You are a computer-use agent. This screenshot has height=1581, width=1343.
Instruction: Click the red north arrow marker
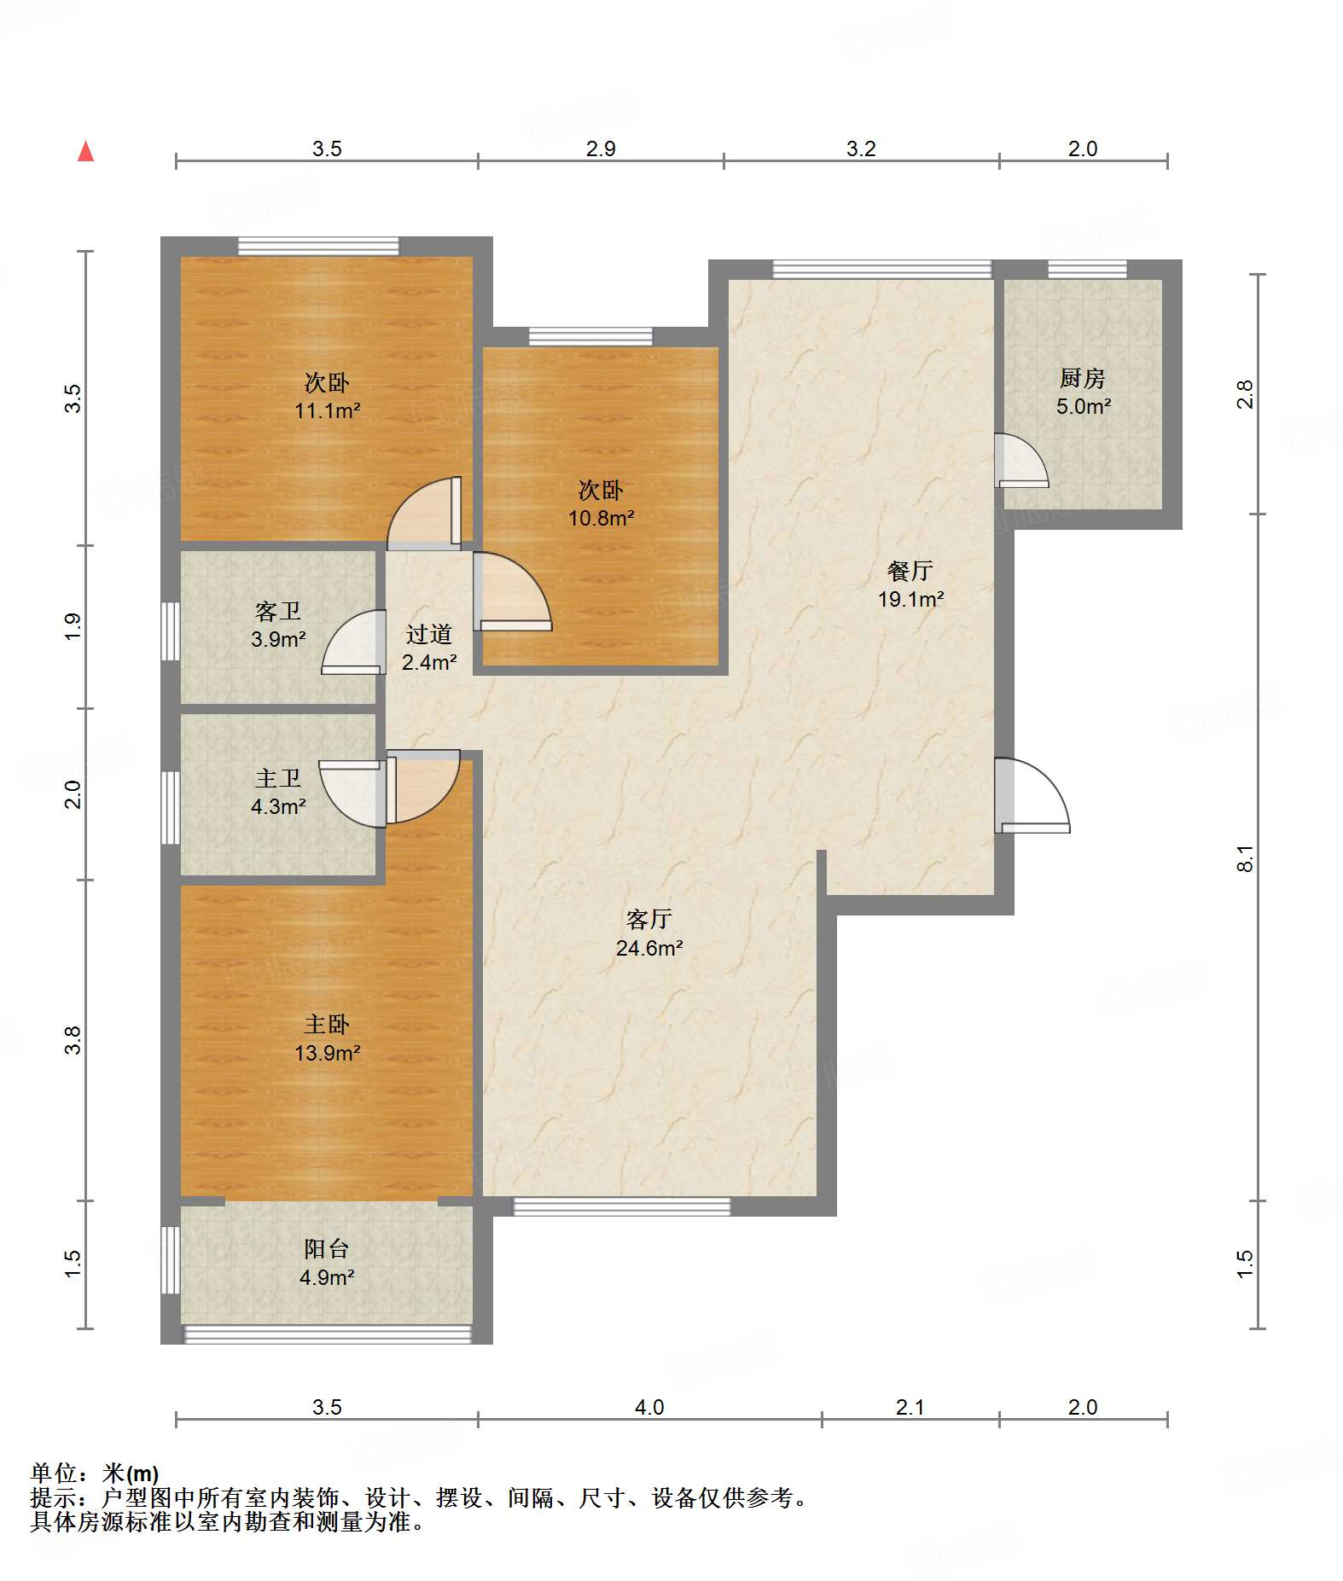[x=85, y=151]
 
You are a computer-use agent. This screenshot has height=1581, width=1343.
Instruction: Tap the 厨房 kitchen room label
[x=1083, y=377]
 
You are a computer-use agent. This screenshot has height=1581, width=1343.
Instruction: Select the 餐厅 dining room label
[x=910, y=570]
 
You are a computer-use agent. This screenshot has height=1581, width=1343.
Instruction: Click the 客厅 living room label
[x=649, y=919]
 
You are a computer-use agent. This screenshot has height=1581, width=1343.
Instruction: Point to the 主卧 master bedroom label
[x=327, y=1024]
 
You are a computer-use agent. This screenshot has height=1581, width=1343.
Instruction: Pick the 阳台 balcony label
[x=327, y=1249]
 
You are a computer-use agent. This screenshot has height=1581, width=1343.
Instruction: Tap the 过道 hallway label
[x=429, y=634]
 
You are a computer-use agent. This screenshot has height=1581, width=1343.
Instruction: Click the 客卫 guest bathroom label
[x=278, y=611]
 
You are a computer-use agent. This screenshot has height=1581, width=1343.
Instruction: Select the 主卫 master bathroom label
[x=278, y=778]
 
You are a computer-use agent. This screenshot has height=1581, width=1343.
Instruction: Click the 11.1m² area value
[x=328, y=410]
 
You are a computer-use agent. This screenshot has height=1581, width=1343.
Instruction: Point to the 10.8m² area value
[x=602, y=518]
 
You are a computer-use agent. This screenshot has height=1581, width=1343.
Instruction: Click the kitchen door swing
[x=1022, y=461]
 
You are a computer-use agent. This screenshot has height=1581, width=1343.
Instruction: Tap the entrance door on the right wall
[x=1032, y=795]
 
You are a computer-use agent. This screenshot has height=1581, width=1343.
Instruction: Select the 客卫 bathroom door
[x=353, y=642]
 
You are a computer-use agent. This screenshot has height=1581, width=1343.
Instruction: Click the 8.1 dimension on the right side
[x=1245, y=857]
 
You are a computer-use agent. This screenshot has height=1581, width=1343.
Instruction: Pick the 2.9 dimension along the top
[x=601, y=148]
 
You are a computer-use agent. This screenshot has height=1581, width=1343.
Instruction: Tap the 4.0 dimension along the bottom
[x=649, y=1407]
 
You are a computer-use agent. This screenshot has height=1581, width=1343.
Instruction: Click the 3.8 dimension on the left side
[x=73, y=1040]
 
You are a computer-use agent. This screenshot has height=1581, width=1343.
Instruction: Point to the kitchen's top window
[x=1087, y=269]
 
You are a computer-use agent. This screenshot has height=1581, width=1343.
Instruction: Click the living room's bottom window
[x=622, y=1206]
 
